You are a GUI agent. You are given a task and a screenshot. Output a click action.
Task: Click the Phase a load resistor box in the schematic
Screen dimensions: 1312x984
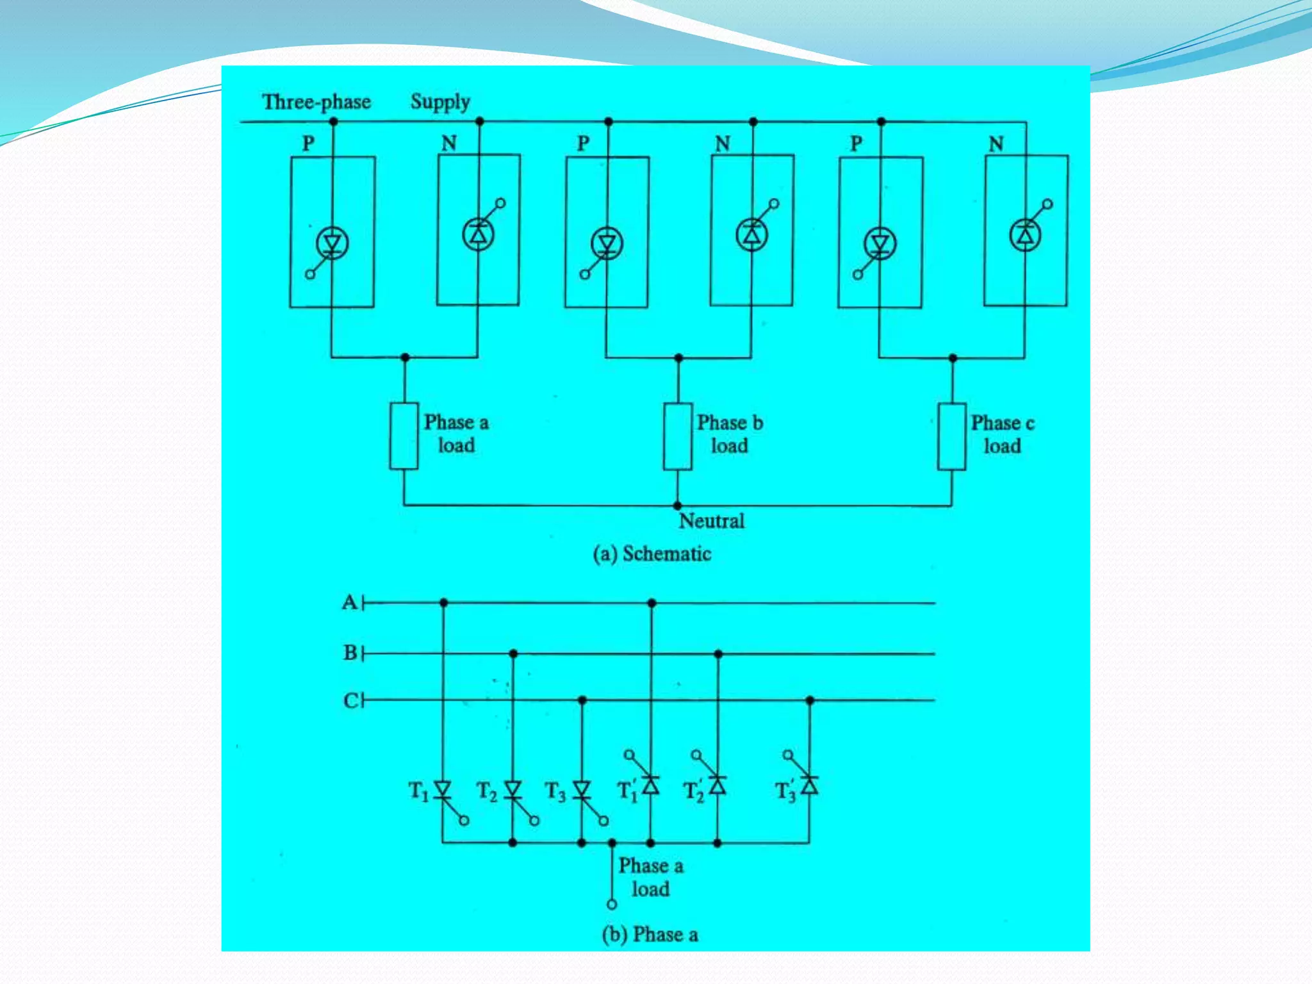(x=404, y=436)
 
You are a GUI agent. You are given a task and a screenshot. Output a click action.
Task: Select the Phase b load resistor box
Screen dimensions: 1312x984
(x=677, y=436)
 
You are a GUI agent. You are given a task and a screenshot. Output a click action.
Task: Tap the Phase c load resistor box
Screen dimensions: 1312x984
(x=951, y=436)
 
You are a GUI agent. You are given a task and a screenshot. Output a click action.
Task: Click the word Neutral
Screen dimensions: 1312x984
(x=712, y=521)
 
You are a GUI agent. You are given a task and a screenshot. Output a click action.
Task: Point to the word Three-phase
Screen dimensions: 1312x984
(x=316, y=102)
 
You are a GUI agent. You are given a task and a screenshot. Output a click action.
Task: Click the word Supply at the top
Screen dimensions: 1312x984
(x=440, y=102)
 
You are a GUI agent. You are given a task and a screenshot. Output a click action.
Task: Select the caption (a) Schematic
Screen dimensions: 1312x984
(x=652, y=553)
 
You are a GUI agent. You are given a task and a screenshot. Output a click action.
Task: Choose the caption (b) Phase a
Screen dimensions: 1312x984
(x=650, y=935)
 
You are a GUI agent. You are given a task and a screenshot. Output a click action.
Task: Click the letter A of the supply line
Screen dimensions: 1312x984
(x=349, y=602)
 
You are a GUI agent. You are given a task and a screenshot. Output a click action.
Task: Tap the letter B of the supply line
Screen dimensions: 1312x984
(x=350, y=653)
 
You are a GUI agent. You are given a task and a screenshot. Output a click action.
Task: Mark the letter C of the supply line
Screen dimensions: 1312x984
(x=350, y=700)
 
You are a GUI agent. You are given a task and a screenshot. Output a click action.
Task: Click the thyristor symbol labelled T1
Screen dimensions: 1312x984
(x=443, y=790)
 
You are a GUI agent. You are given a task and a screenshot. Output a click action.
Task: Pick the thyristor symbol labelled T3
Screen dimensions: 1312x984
(x=582, y=790)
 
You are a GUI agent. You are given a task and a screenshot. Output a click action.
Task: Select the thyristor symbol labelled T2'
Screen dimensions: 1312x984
(x=717, y=785)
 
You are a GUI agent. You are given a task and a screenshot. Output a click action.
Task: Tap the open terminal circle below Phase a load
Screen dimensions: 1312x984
(x=612, y=905)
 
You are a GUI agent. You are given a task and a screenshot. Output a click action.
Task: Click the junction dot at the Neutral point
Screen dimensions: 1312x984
(x=677, y=505)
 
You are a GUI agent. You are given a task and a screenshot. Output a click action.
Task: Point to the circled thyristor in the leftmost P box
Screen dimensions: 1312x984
(x=332, y=243)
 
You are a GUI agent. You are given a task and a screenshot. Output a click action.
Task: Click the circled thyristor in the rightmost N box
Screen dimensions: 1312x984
(x=1025, y=235)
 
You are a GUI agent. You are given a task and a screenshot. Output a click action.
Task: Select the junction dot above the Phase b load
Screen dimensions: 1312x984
(x=678, y=357)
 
